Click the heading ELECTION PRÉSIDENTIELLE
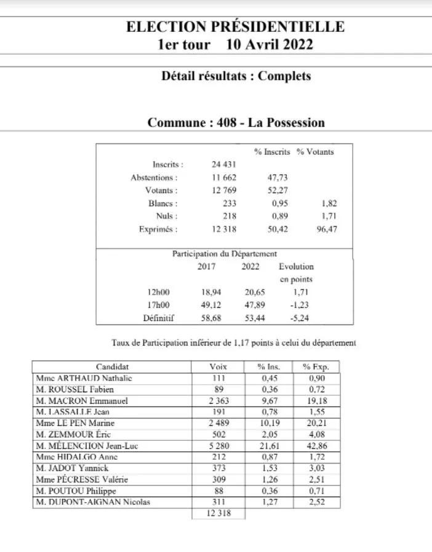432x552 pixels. pos(236,26)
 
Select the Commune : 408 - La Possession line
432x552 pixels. pos(236,122)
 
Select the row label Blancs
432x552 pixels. pos(163,203)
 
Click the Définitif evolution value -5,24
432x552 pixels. pos(296,318)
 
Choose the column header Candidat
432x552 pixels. pos(113,367)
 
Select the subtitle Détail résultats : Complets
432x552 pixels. pos(236,77)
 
